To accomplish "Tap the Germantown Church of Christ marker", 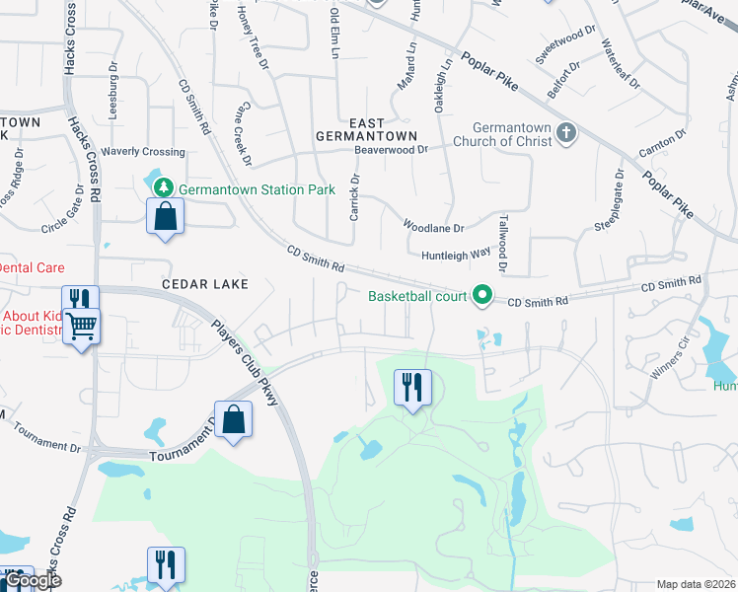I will tap(566, 132).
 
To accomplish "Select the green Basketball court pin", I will tap(482, 294).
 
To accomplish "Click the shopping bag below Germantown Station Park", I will tap(166, 217).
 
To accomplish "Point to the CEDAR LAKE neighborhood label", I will tap(205, 284).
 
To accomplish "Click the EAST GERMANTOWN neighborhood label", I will tap(366, 127).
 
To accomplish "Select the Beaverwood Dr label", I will tap(392, 150).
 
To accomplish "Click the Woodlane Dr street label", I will tap(433, 226).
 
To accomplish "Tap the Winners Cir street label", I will tap(669, 361).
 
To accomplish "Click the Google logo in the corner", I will tap(32, 581).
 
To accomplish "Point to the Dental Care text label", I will tap(32, 267).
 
